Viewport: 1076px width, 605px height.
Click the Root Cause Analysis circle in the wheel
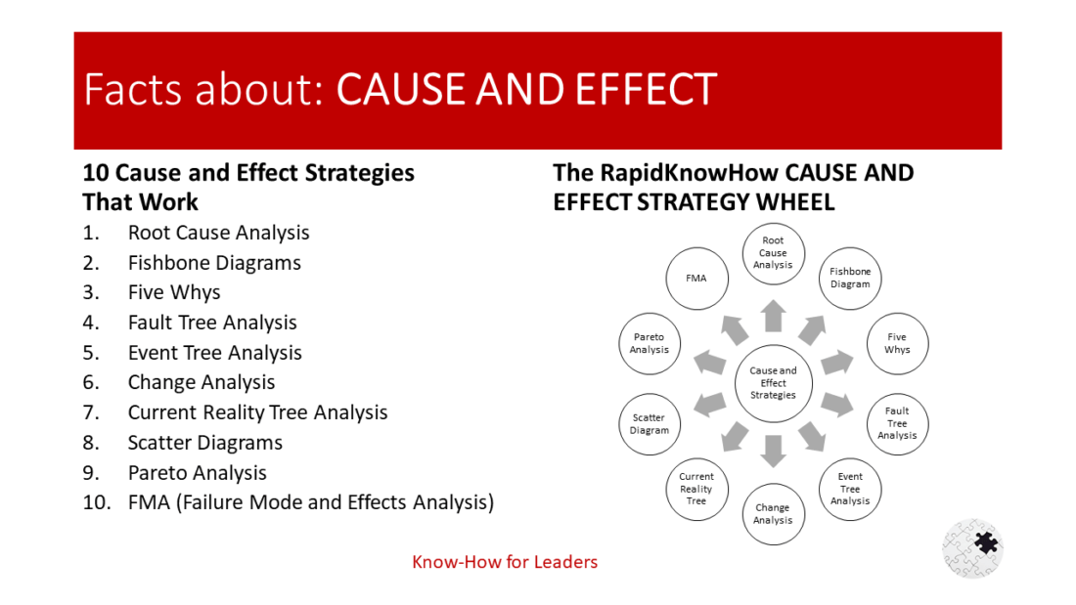[773, 253]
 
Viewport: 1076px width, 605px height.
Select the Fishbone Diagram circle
[850, 278]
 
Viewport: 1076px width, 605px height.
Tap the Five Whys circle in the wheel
[897, 343]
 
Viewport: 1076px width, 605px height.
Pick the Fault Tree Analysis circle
[897, 423]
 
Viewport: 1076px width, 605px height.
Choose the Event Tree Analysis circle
[850, 489]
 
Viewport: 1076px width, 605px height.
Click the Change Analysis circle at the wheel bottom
[773, 514]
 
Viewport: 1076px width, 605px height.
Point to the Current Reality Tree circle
[696, 489]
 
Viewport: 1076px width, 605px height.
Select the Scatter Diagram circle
[650, 423]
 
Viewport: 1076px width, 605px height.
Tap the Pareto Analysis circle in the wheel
[650, 343]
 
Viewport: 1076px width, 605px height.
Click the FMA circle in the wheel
[696, 278]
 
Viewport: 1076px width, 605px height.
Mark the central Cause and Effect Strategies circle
[773, 383]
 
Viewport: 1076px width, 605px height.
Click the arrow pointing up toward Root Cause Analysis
[774, 316]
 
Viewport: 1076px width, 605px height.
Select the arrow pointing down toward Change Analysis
[774, 450]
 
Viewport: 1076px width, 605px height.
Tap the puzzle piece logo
[973, 547]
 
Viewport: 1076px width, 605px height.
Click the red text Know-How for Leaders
[505, 562]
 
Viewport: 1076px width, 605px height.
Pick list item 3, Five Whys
[174, 292]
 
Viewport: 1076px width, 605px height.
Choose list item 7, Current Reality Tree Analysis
[257, 412]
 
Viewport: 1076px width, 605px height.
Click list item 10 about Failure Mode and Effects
[310, 502]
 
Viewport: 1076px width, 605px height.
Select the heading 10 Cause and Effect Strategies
[248, 173]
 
